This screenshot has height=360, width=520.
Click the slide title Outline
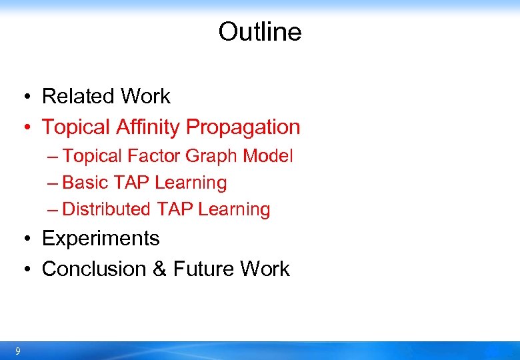pyautogui.click(x=259, y=31)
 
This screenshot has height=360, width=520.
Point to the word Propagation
pyautogui.click(x=243, y=127)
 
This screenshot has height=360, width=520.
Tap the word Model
pyautogui.click(x=268, y=156)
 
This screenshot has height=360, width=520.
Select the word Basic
pyautogui.click(x=85, y=183)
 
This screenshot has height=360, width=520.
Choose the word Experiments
pyautogui.click(x=101, y=239)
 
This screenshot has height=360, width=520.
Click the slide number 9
pyautogui.click(x=17, y=351)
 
